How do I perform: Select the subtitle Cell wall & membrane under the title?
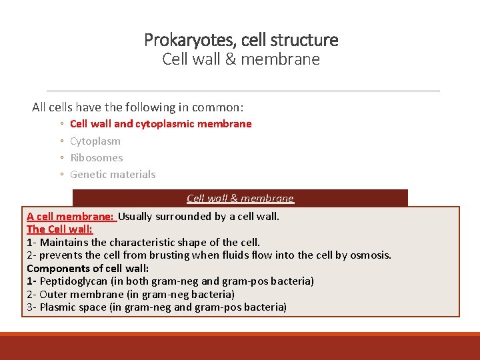click(x=241, y=59)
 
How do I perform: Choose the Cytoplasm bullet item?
click(x=95, y=141)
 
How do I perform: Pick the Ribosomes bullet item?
click(x=97, y=157)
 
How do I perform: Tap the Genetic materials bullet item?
click(x=113, y=174)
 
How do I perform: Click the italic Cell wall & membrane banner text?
click(x=240, y=198)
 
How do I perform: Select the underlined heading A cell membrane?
click(x=71, y=216)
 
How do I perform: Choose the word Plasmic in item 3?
click(x=59, y=307)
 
